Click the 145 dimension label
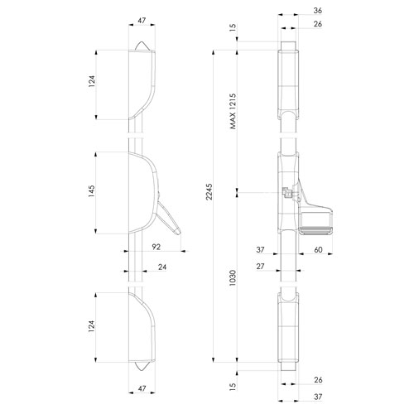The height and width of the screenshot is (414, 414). point(91,191)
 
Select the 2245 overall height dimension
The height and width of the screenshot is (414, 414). point(209,191)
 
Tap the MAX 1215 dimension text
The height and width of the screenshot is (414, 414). point(233,111)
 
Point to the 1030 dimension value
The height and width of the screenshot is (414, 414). point(233,277)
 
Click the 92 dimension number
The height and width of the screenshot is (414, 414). point(156,247)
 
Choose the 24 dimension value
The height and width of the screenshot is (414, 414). point(162,267)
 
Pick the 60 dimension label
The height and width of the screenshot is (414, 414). point(318,249)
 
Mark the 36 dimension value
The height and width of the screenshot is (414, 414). point(318,11)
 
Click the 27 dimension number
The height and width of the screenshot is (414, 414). point(260,267)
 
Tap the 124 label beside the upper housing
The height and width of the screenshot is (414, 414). point(91,81)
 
